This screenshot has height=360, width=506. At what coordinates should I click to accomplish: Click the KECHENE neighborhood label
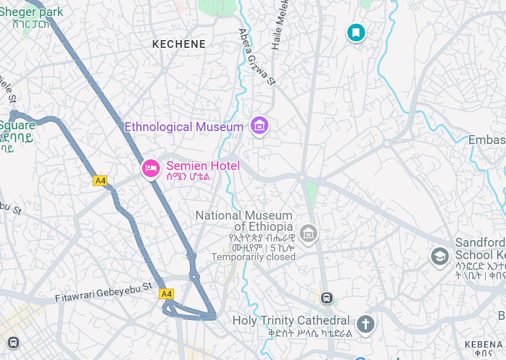tap(179, 44)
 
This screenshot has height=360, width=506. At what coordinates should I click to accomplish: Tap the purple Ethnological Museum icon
tap(259, 125)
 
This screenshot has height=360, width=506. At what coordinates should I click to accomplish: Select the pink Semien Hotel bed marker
tap(151, 168)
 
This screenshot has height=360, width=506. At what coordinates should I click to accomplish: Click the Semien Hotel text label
tap(202, 166)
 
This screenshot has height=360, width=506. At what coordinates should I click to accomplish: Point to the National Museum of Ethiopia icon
tap(307, 233)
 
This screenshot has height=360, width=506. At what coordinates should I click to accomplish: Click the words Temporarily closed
tap(253, 257)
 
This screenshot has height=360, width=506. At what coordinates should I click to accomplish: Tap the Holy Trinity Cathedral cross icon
tap(365, 323)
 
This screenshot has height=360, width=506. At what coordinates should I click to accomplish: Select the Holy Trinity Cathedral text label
tap(291, 320)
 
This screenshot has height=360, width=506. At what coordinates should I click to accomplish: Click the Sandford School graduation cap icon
tap(439, 256)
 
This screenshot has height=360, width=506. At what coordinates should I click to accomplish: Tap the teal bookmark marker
tap(356, 32)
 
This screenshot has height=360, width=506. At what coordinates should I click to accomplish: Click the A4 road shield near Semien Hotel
tap(100, 181)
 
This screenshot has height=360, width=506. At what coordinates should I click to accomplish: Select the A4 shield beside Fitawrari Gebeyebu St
tap(166, 293)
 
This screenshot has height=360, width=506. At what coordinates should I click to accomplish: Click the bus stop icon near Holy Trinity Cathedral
tap(327, 297)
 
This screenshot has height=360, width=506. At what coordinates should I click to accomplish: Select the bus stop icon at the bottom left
tap(13, 342)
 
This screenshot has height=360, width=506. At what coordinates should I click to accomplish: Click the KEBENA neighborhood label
tap(483, 344)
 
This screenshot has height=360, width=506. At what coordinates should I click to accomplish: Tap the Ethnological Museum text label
tap(184, 127)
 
